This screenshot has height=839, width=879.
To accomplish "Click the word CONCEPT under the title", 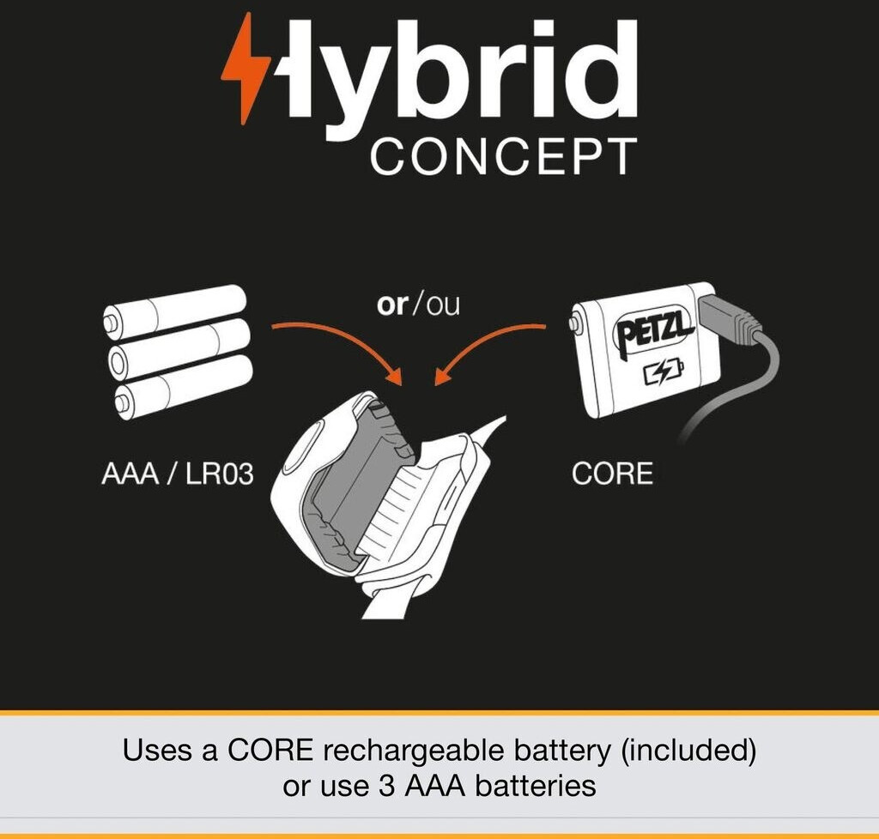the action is tap(503, 157).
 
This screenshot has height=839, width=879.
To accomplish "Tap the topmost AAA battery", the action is tap(174, 311).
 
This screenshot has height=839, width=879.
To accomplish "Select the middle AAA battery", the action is tap(179, 348).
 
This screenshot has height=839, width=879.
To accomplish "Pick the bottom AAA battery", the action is tap(184, 386).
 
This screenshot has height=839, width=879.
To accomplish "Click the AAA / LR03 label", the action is tap(177, 474).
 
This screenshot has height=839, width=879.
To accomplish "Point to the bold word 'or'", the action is tap(392, 305).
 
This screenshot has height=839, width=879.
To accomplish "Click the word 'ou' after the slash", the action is tap(443, 305).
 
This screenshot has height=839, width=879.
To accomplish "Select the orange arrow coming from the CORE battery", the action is tap(482, 345).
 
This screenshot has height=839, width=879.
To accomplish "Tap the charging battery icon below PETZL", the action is tap(664, 372).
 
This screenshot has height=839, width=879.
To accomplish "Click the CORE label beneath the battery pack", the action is tap(612, 474).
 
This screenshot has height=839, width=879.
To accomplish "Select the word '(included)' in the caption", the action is tap(688, 751).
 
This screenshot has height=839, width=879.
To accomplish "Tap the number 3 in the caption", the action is tap(387, 787).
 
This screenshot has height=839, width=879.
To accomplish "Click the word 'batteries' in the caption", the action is tap(536, 787).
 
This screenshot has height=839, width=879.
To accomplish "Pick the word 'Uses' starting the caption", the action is tap(159, 751).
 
